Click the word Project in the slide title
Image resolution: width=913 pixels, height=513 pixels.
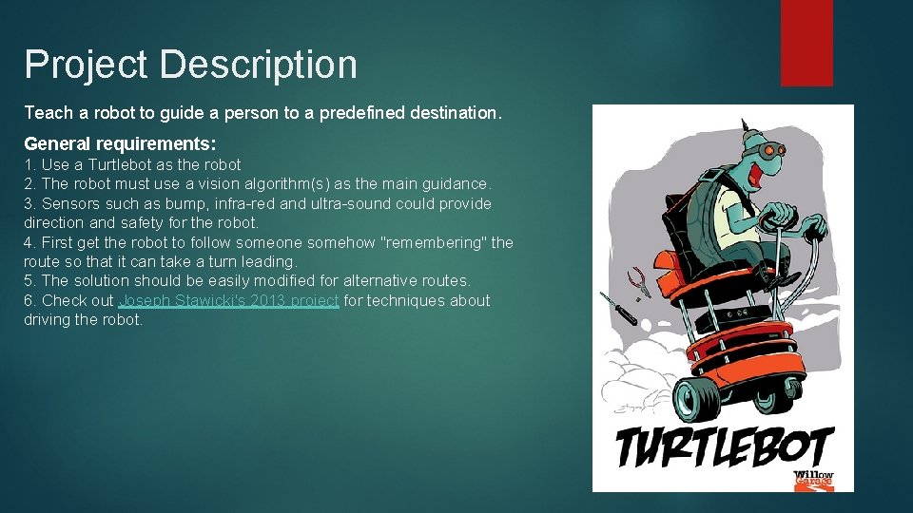87,65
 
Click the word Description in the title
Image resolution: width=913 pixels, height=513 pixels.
259,65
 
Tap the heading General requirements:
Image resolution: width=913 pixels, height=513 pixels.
120,143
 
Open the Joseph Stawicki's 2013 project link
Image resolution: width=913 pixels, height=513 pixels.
228,300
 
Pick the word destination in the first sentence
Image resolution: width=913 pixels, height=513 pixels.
454,113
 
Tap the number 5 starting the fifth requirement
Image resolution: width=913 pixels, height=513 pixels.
29,280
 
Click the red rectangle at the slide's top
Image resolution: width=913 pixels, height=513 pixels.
806,43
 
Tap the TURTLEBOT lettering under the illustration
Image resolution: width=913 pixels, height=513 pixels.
723,446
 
